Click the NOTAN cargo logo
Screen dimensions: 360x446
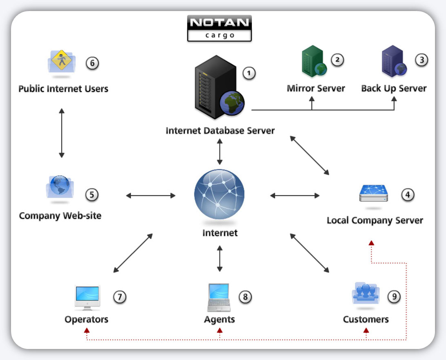pos(219,28)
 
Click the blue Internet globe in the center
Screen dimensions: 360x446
pos(219,195)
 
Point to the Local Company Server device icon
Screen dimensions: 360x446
pos(373,193)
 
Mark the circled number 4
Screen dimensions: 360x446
pos(407,195)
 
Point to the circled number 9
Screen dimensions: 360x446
pos(394,297)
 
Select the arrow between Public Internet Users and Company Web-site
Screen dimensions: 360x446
pos(62,133)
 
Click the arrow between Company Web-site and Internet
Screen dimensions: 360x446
pos(151,196)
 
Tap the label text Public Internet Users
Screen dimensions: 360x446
pos(63,89)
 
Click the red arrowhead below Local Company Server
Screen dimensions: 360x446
pos(371,243)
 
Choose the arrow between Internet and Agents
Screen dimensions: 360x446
pos(220,258)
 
